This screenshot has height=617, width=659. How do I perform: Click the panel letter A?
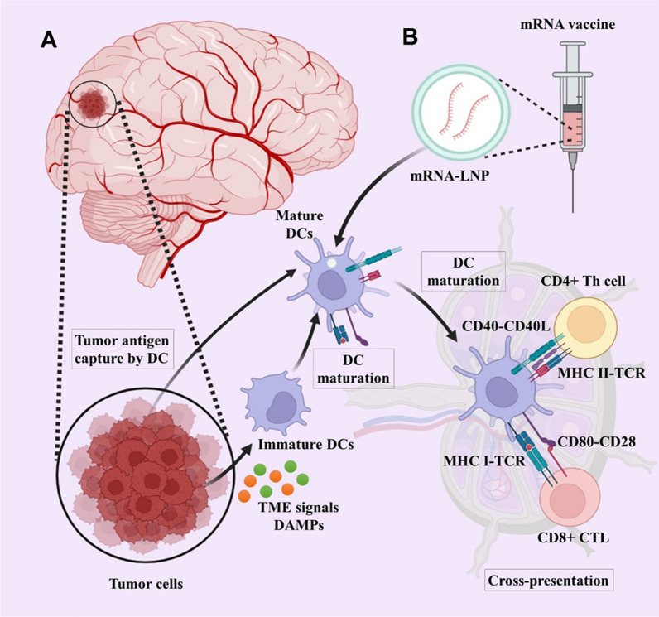(x=49, y=41)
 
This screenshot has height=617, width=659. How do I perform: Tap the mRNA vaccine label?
(x=567, y=24)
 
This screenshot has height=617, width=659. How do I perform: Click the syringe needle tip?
(x=573, y=211)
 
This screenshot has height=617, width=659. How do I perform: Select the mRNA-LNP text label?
(x=450, y=175)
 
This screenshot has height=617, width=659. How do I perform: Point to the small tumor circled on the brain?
(x=93, y=104)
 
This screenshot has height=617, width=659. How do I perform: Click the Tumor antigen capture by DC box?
(x=123, y=349)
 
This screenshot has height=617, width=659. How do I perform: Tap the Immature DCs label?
(x=306, y=444)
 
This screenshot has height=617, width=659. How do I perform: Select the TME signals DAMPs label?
(x=298, y=516)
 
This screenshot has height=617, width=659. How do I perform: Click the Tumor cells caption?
(x=147, y=584)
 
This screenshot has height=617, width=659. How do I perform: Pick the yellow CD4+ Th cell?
(x=585, y=328)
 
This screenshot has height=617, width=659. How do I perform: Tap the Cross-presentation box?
(x=548, y=581)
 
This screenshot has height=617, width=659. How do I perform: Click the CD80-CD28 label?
(x=596, y=441)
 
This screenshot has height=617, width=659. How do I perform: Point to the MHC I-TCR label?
(x=484, y=461)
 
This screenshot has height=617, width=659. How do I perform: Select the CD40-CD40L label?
(x=506, y=325)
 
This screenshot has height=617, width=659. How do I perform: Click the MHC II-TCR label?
(x=601, y=373)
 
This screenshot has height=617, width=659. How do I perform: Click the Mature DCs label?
(x=299, y=224)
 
